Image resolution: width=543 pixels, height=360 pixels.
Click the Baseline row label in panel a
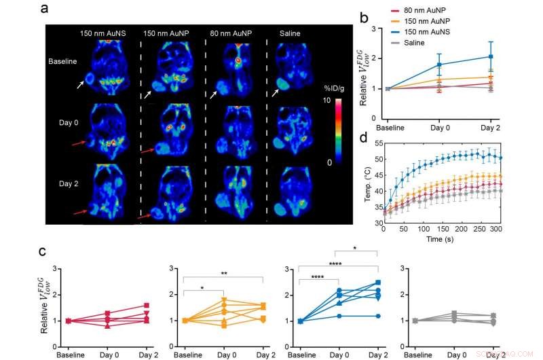[62, 61]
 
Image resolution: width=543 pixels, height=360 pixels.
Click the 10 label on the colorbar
[329, 101]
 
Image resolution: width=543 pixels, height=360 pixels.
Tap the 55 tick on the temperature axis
[374, 145]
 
